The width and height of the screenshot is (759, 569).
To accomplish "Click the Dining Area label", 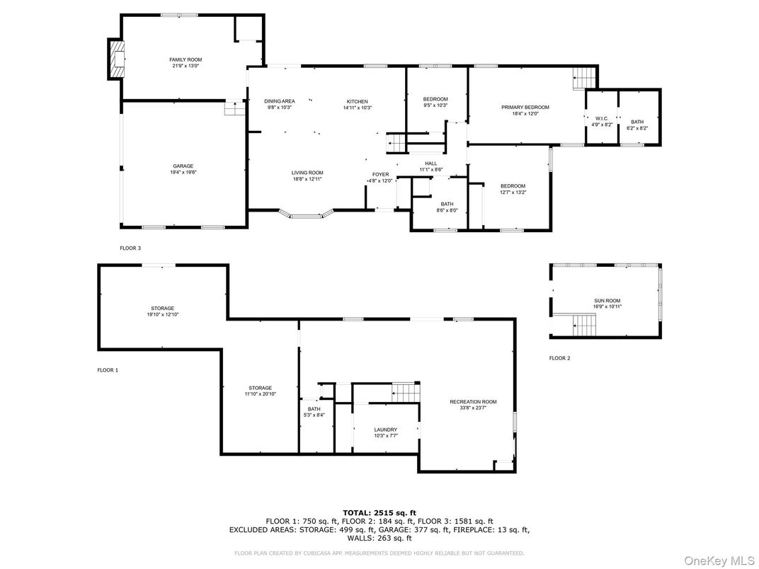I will [x=279, y=101].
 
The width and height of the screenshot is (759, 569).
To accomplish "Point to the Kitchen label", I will [x=357, y=101].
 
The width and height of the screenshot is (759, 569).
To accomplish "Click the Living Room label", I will [x=307, y=173].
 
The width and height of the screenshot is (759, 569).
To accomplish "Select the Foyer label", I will [x=381, y=174].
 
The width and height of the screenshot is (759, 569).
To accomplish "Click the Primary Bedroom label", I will [x=525, y=108].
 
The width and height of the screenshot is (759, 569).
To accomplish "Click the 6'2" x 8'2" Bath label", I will [x=637, y=122].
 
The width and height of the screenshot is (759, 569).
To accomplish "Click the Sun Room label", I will [x=607, y=301].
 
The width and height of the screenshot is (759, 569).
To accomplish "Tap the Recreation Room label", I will [x=473, y=402].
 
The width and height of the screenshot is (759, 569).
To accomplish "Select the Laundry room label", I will [x=385, y=430].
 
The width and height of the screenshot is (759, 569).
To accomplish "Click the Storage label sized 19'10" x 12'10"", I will [x=162, y=309].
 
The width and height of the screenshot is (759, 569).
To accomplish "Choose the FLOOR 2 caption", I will [x=559, y=358].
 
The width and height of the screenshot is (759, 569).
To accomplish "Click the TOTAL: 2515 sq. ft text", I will [x=379, y=512].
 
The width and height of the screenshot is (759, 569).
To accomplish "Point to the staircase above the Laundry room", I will [x=406, y=391].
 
